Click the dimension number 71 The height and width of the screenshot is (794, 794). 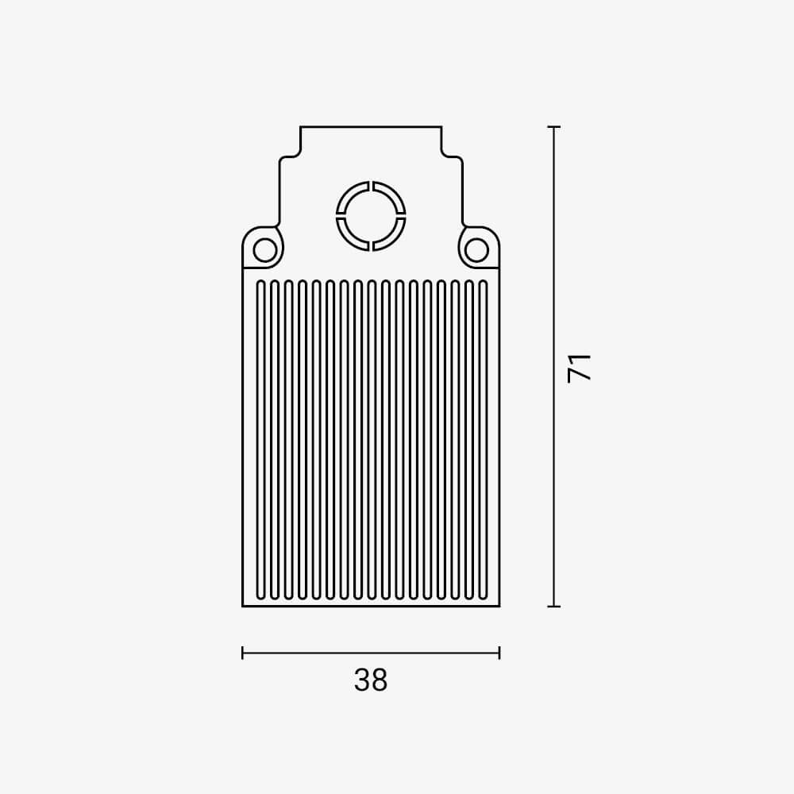580,368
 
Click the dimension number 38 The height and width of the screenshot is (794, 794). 371,680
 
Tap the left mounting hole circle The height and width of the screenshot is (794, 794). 265,250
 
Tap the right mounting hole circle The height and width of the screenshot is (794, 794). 476,250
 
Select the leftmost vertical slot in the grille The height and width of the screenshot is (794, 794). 260,440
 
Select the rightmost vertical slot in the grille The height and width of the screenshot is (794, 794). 483,440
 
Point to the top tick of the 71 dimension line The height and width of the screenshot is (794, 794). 554,126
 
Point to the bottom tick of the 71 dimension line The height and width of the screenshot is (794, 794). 554,606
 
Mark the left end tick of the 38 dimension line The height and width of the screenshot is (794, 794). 242,653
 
